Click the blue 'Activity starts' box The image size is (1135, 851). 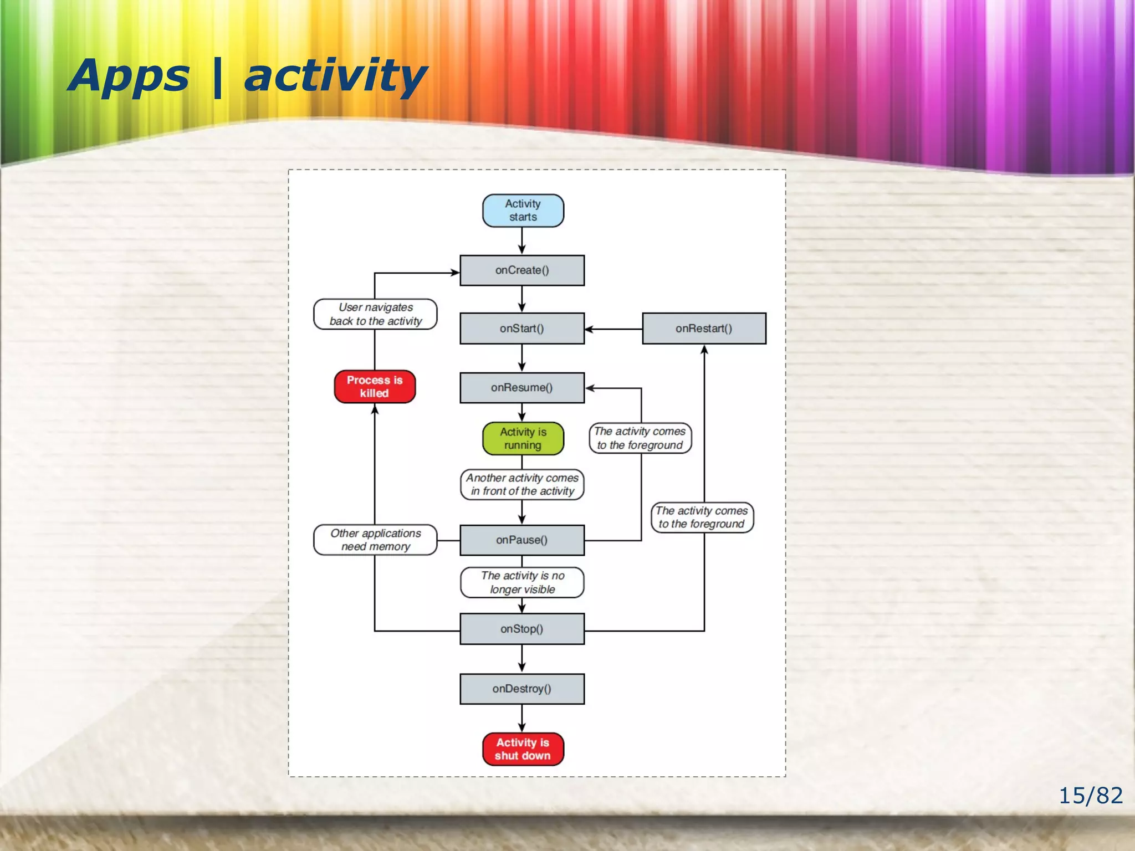point(523,211)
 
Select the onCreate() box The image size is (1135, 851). point(522,270)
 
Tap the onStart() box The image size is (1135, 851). point(522,329)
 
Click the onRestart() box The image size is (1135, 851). point(704,329)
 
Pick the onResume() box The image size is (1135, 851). point(522,388)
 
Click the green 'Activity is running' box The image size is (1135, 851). point(523,439)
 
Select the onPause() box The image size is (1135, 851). point(522,540)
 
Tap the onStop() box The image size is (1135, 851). point(522,629)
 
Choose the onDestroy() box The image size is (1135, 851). point(522,689)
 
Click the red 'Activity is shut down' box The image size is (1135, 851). point(523,749)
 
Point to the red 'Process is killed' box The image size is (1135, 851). point(375,387)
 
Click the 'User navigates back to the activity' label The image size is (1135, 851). point(375,314)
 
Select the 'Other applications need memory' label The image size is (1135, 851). point(375,540)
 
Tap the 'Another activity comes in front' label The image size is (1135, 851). point(522,485)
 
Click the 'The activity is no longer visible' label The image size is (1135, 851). point(522,582)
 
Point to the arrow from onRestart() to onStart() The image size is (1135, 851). point(613,329)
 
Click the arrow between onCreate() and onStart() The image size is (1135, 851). point(522,299)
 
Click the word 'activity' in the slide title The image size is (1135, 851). point(335,76)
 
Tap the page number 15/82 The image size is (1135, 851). point(1090,796)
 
